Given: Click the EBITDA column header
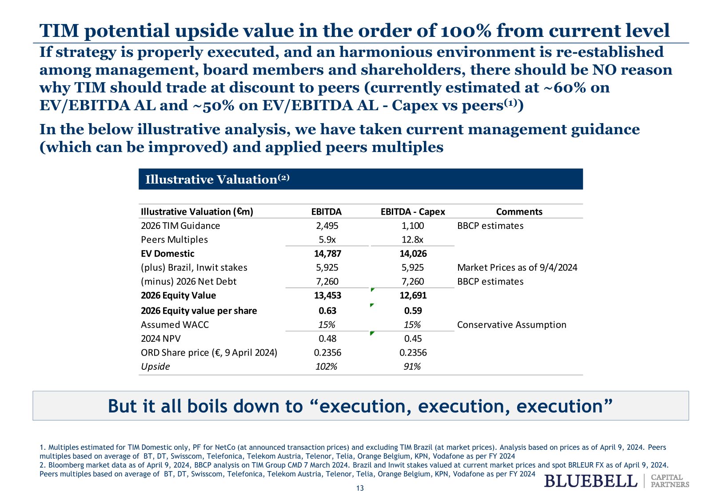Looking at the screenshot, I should point(326,212).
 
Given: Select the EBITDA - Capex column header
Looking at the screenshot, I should point(412,212).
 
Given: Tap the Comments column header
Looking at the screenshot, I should point(519,212).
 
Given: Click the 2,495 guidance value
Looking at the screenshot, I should point(327,226).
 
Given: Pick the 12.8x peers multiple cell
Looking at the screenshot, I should point(412,240).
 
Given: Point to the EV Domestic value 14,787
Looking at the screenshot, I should point(327,254).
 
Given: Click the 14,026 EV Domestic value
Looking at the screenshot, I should point(413,254).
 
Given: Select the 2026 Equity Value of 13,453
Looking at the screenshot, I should point(327,296).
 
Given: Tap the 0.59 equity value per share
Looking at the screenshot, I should point(413,311).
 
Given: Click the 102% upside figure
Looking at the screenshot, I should point(326,366).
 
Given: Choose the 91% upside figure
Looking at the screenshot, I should point(412,366).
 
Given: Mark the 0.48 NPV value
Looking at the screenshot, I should point(327,339).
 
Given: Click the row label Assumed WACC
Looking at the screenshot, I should point(175,325).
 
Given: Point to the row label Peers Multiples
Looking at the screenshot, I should point(174,240).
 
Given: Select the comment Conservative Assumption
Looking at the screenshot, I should point(511,325).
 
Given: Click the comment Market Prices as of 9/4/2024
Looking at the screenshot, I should point(517,268).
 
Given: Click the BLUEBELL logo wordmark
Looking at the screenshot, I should point(590,481).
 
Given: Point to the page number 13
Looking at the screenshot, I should point(360,488).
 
